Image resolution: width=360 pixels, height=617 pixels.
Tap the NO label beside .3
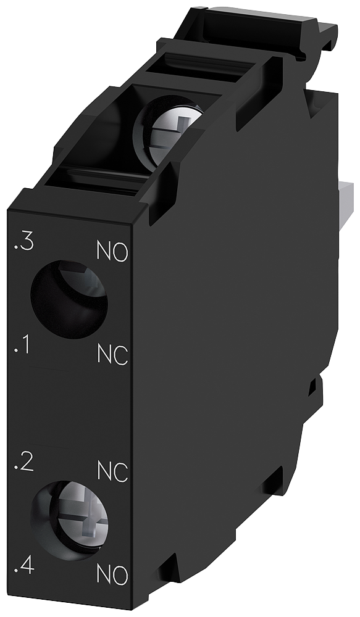[112, 252]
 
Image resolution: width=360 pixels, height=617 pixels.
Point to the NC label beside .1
[112, 355]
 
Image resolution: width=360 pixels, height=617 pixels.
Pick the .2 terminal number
[23, 465]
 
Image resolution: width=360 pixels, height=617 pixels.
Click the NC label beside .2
[112, 472]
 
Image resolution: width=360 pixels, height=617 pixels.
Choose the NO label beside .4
[112, 576]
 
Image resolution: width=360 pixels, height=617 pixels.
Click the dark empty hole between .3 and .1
[68, 299]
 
